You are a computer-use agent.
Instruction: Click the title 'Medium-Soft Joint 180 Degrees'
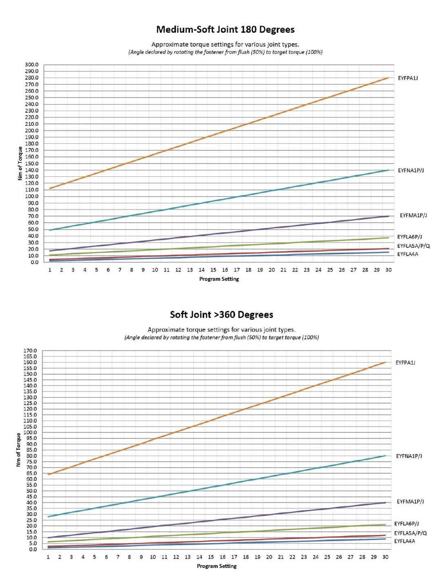tap(225, 29)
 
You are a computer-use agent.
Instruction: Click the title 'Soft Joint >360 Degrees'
tap(221, 314)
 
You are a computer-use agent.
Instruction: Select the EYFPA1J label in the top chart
tap(408, 78)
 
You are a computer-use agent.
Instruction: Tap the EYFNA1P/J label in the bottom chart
tap(409, 456)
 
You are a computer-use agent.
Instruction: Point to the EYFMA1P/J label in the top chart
tap(413, 215)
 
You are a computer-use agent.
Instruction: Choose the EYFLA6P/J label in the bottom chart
tap(406, 523)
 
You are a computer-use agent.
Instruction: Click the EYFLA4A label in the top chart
tap(408, 254)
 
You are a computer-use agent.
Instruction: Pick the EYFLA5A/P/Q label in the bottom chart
tap(410, 533)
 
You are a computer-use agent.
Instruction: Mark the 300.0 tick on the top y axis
tap(31, 65)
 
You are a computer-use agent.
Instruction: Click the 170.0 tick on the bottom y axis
tap(30, 351)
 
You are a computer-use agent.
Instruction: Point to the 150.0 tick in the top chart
tap(31, 163)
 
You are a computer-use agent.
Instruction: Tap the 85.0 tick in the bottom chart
tap(31, 450)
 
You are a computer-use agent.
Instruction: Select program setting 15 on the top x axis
tap(213, 270)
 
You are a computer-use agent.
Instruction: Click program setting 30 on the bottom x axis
tap(385, 557)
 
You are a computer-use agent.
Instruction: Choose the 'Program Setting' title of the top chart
tap(219, 279)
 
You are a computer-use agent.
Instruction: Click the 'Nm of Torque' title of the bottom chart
tap(18, 450)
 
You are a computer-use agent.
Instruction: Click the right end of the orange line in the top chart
tap(388, 78)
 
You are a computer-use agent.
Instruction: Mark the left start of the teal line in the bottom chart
tap(49, 517)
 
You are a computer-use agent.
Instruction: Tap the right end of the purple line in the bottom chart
tap(385, 503)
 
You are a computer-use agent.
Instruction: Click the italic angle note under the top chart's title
tap(225, 52)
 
